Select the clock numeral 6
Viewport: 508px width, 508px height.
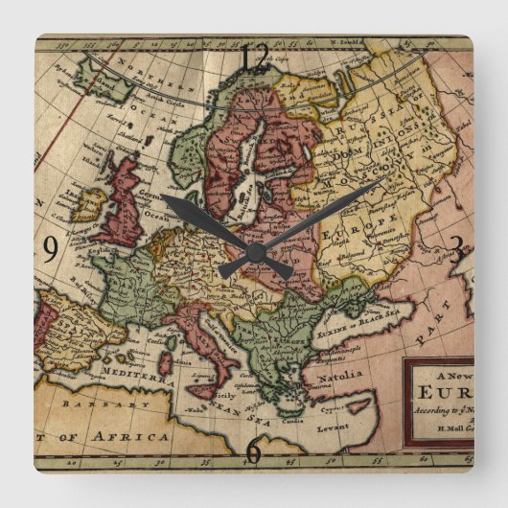click(x=253, y=449)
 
